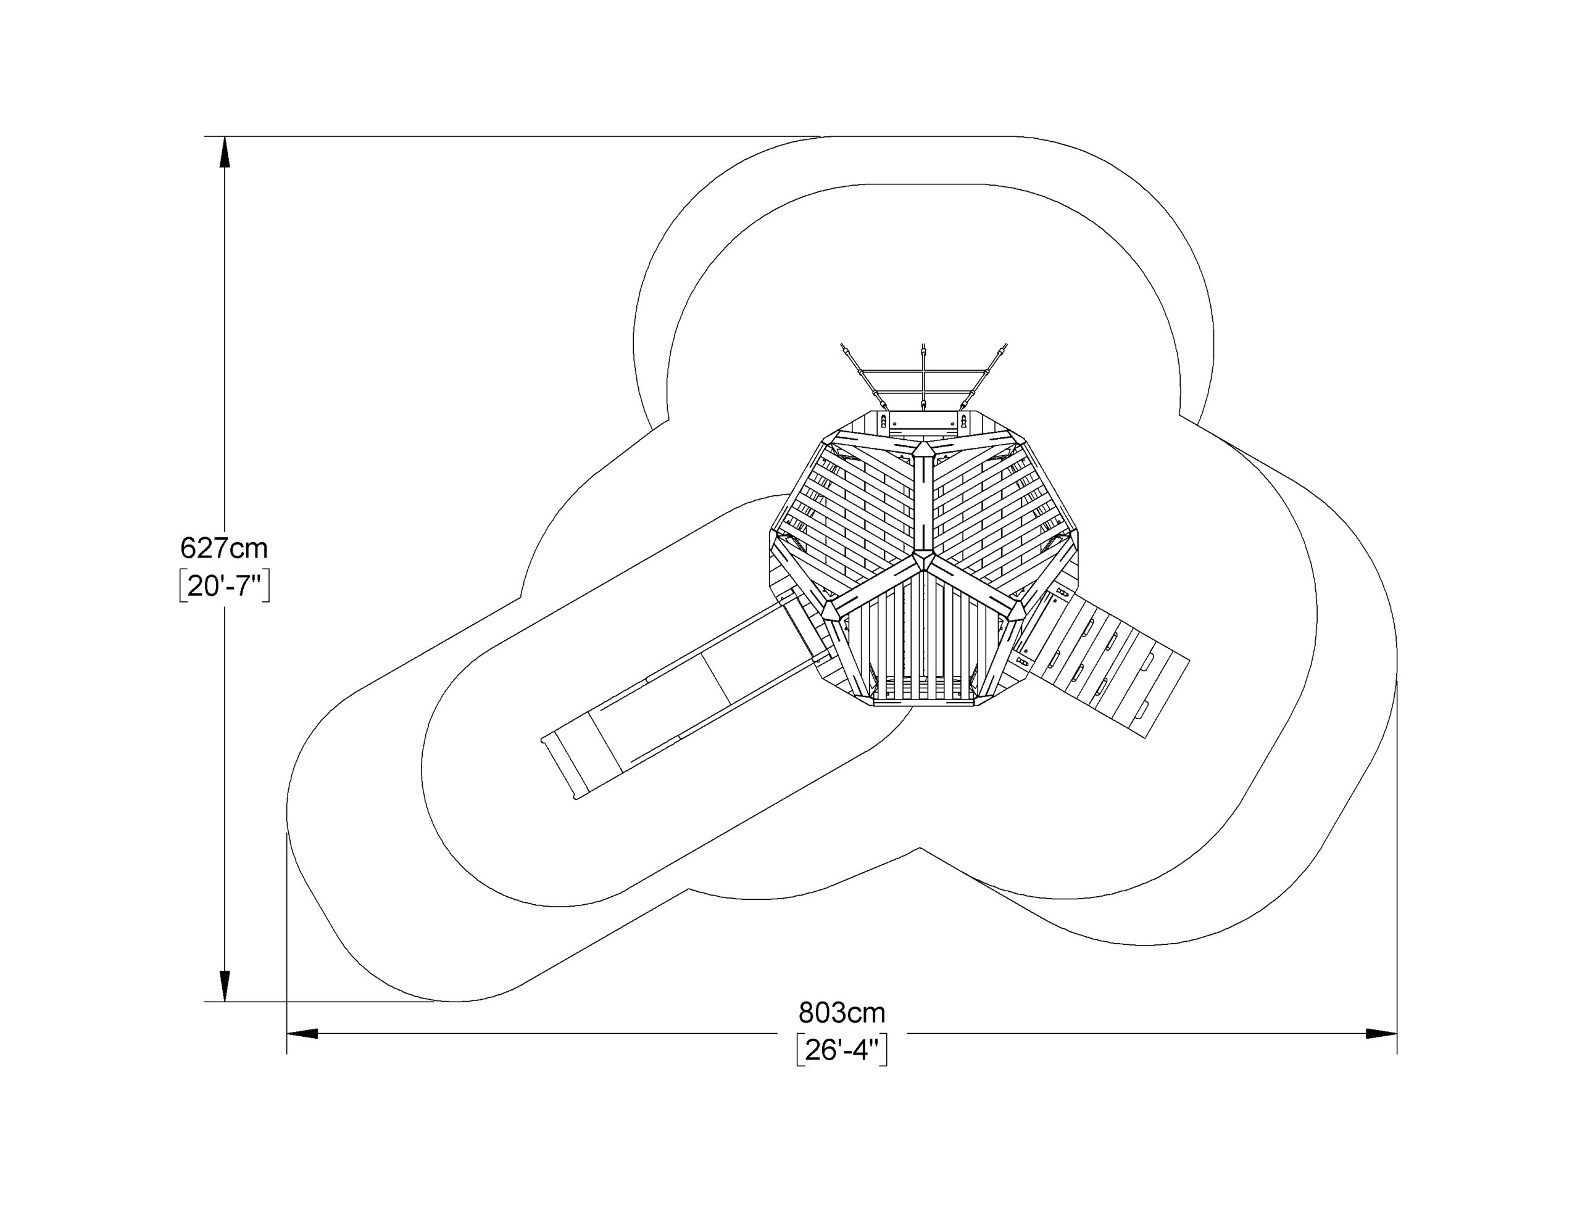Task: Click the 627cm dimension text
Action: (x=223, y=549)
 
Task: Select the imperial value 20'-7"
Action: (x=224, y=587)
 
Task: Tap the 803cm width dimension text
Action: (x=841, y=1013)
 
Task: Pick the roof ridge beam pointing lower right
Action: (x=973, y=588)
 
